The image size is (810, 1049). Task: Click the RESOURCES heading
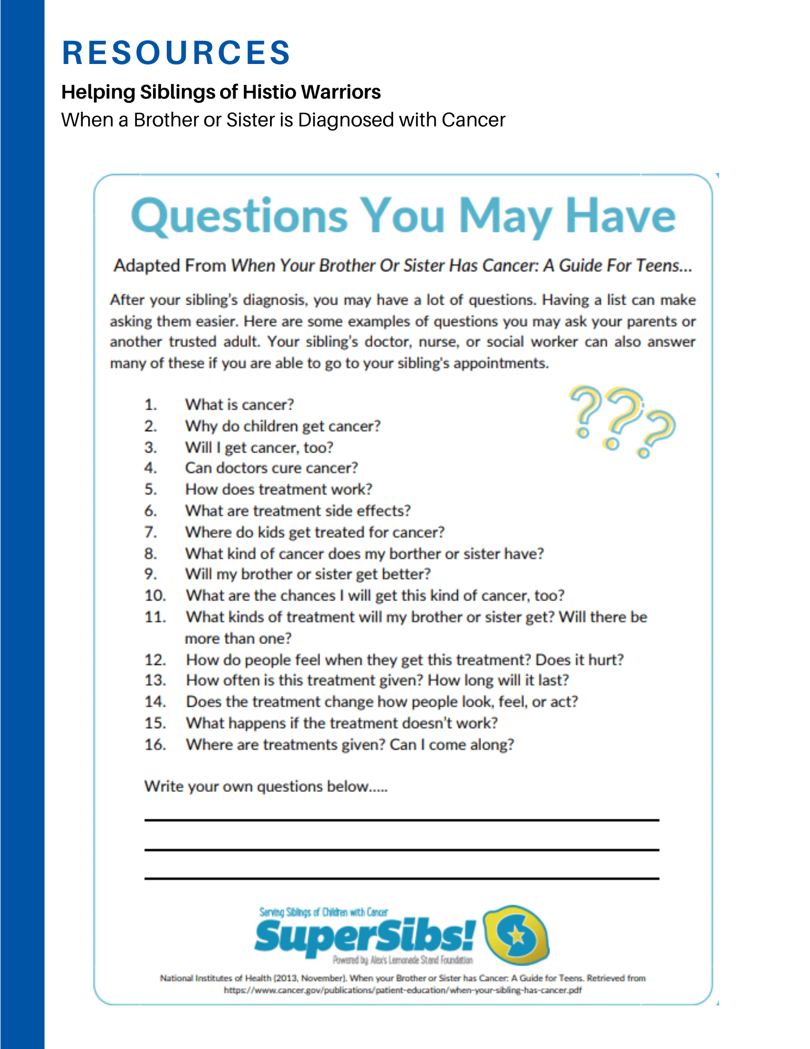pos(176,53)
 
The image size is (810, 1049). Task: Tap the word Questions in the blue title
pos(239,216)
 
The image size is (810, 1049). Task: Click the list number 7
pos(150,532)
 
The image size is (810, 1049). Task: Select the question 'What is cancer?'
pos(239,405)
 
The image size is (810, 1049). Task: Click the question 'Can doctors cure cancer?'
pos(271,468)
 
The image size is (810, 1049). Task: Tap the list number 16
pos(155,745)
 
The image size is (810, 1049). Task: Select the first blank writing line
pos(402,819)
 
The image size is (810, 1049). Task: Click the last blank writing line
pos(402,878)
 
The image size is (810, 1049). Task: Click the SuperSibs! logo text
pos(365,937)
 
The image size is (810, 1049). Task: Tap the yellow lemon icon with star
pos(516,935)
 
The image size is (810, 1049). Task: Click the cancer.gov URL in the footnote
pos(403,990)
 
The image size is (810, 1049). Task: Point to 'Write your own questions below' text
pos(266,787)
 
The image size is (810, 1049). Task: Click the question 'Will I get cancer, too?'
pos(259,447)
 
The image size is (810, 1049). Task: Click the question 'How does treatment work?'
pos(278,489)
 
